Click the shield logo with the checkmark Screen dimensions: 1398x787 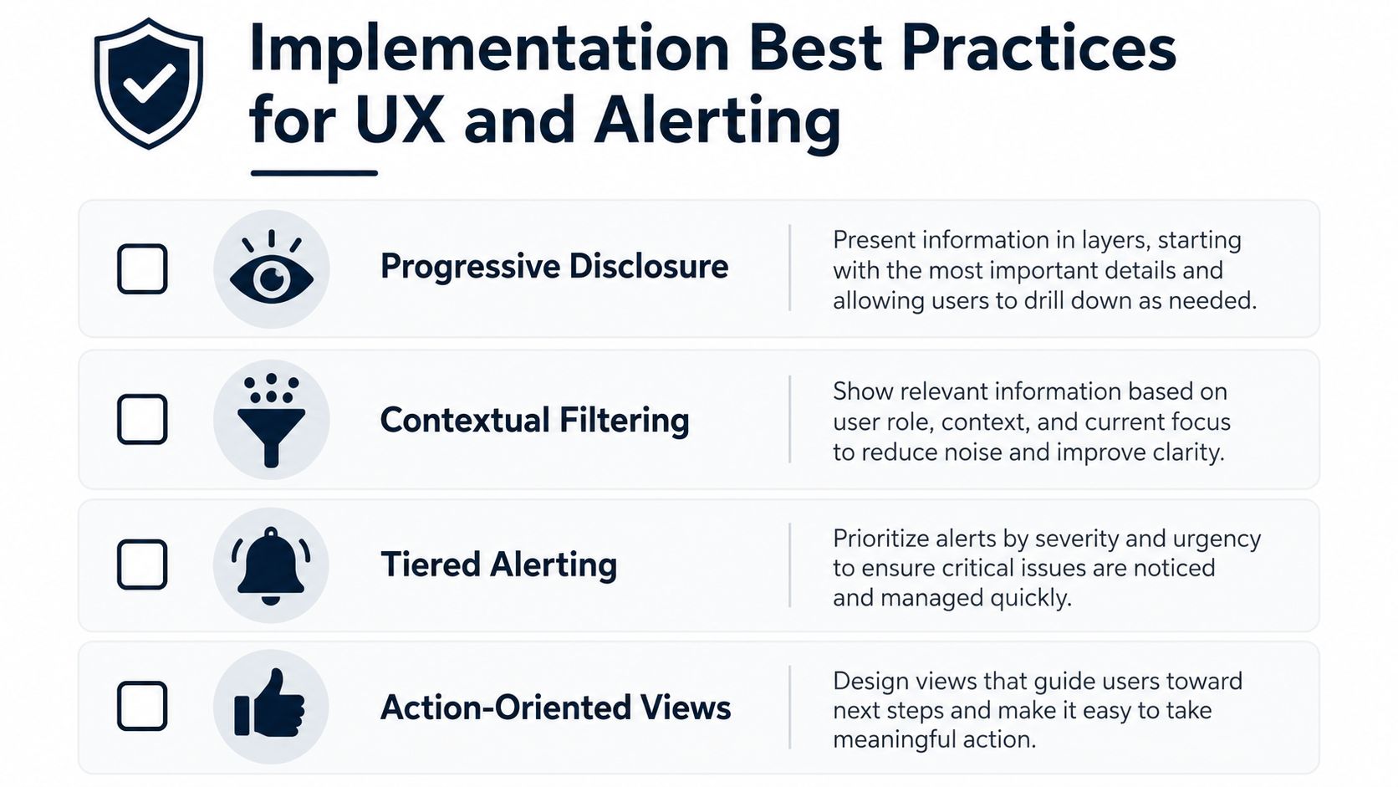pyautogui.click(x=149, y=84)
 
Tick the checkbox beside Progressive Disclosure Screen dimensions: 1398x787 pyautogui.click(x=142, y=269)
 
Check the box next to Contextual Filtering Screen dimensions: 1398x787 pyautogui.click(x=142, y=419)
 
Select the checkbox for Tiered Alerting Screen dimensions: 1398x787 pyautogui.click(x=142, y=565)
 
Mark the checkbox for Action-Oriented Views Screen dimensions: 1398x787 pyautogui.click(x=142, y=706)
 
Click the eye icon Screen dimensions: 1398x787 pyautogui.click(x=272, y=268)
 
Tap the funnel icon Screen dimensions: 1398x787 pyautogui.click(x=272, y=420)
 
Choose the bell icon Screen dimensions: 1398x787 pyautogui.click(x=271, y=565)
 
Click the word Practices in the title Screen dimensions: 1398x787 pyautogui.click(x=1038, y=49)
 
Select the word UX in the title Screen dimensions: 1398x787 pyautogui.click(x=400, y=120)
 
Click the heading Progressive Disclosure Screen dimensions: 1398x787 pyautogui.click(x=554, y=267)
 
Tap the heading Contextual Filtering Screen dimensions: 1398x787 pyautogui.click(x=535, y=419)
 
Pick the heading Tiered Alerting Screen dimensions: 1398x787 pyautogui.click(x=498, y=565)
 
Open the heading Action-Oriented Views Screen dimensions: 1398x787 pyautogui.click(x=555, y=708)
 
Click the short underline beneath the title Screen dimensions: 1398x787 pyautogui.click(x=314, y=173)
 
